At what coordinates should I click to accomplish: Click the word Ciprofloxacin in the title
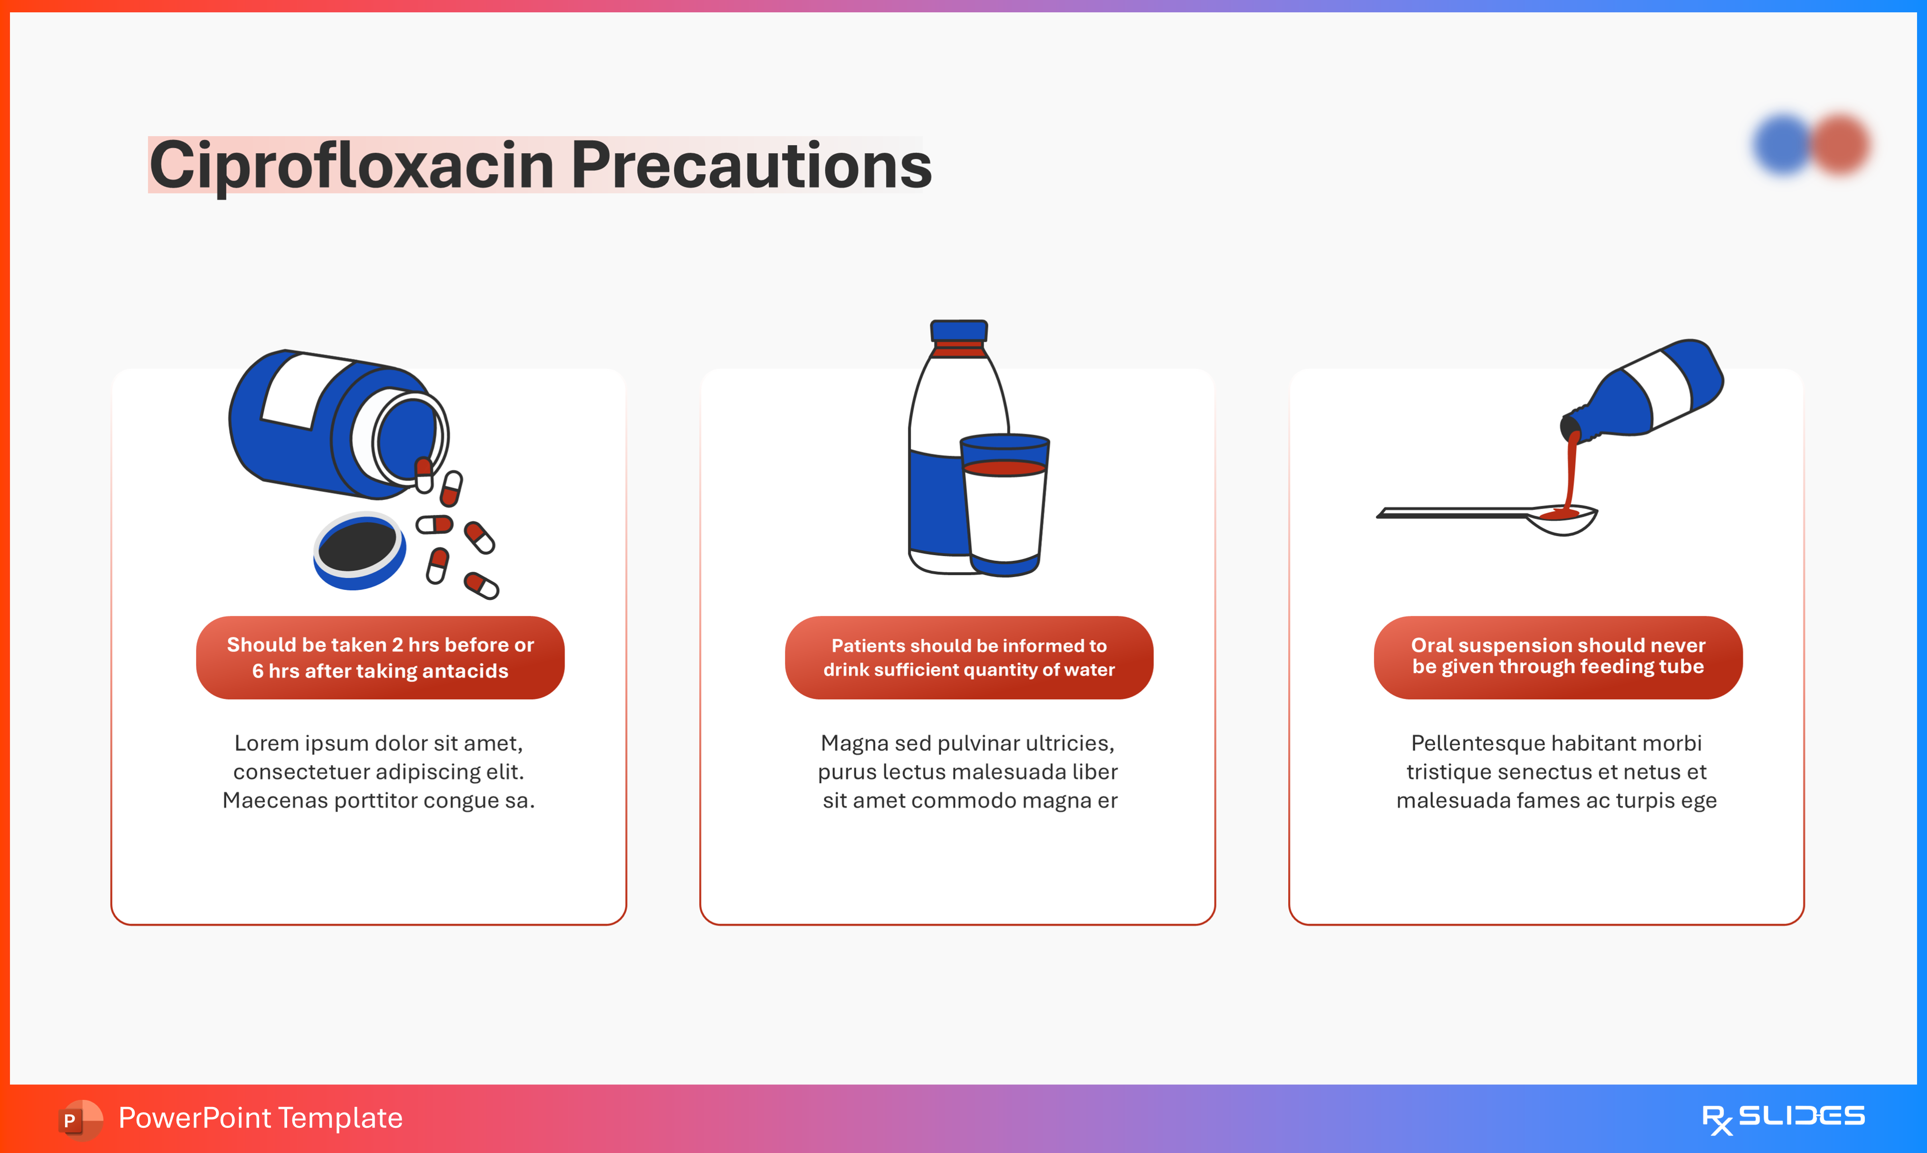pos(352,166)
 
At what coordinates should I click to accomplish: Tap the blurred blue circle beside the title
pos(1783,145)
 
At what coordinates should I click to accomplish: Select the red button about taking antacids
pos(380,657)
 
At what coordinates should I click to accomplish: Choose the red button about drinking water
pos(969,657)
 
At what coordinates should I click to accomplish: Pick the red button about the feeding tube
pos(1558,657)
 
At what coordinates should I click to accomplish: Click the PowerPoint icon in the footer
pos(80,1120)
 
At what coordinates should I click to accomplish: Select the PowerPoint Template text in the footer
pos(260,1118)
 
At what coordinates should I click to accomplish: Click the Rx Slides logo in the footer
pos(1783,1119)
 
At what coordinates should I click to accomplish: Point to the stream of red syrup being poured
pos(1570,474)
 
